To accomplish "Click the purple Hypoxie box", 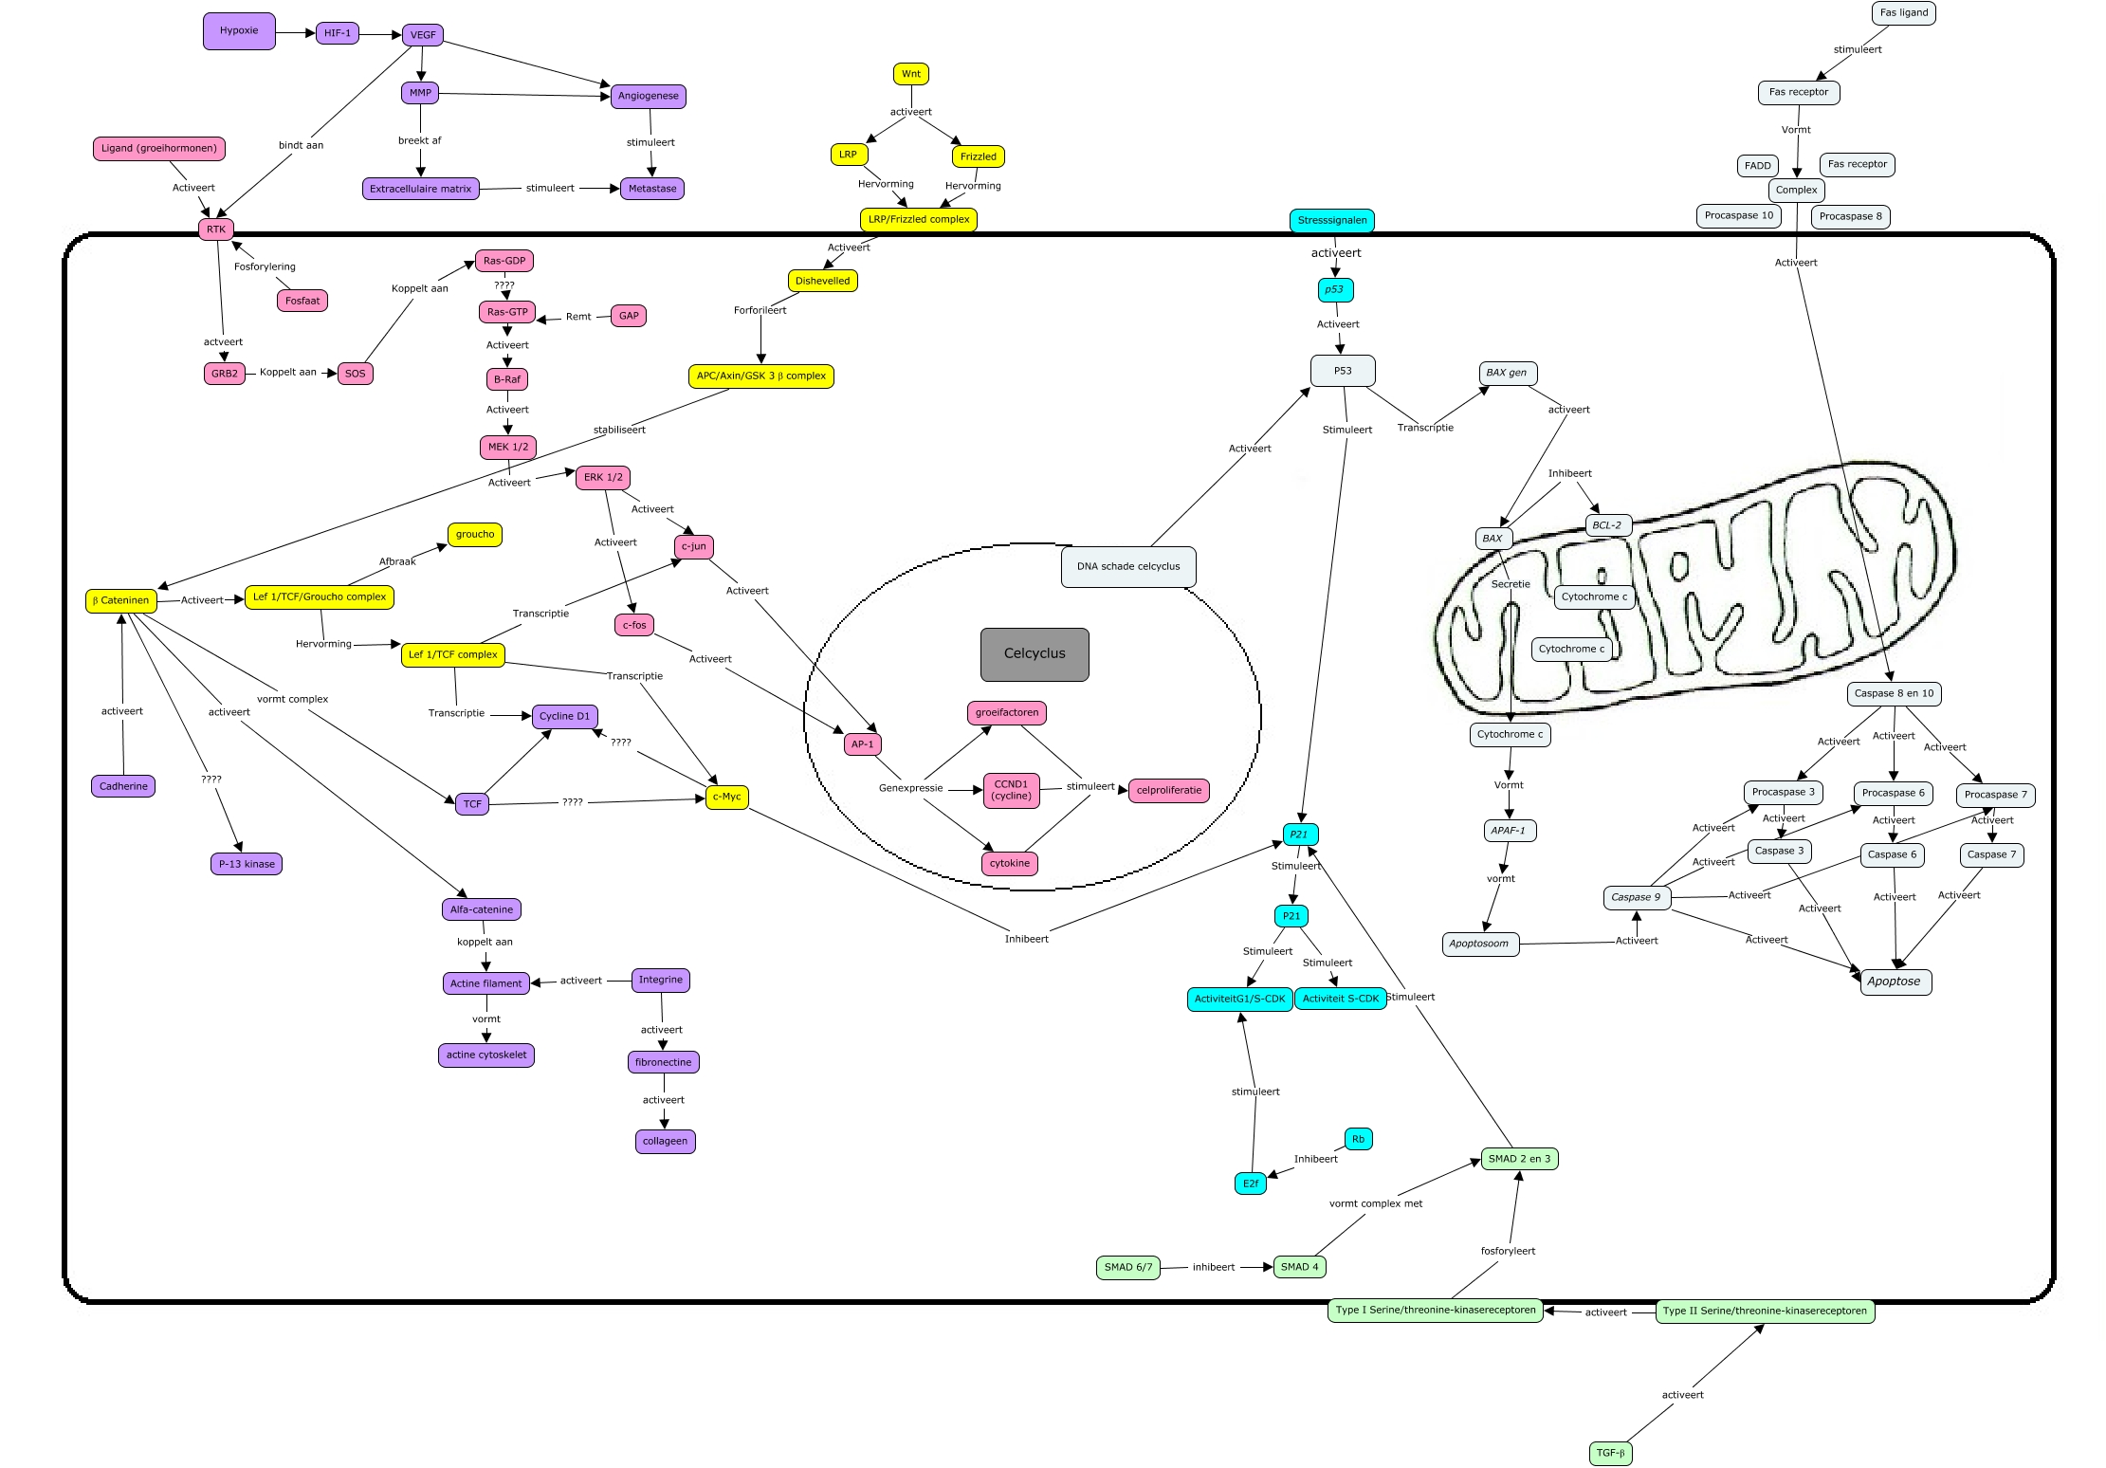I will pyautogui.click(x=239, y=31).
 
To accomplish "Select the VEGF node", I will pyautogui.click(x=423, y=35).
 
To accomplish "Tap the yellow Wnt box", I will pyautogui.click(x=910, y=74).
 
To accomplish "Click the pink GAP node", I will pyautogui.click(x=629, y=316).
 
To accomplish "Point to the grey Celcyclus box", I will pyautogui.click(x=1035, y=654).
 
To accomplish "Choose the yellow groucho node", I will pyautogui.click(x=475, y=535).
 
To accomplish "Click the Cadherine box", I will pyautogui.click(x=123, y=786).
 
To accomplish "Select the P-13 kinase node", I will pyautogui.click(x=247, y=864).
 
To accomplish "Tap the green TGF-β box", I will pyautogui.click(x=1610, y=1453).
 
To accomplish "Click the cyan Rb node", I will pyautogui.click(x=1358, y=1139).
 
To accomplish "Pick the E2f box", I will pyautogui.click(x=1251, y=1184).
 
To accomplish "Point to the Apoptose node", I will pyautogui.click(x=1894, y=982).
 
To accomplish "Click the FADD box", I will pyautogui.click(x=1757, y=166).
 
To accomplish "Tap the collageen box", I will pyautogui.click(x=665, y=1141).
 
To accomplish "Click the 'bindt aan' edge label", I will pyautogui.click(x=301, y=145).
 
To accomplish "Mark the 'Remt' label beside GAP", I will pyautogui.click(x=578, y=317).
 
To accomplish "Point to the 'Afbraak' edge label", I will pyautogui.click(x=397, y=561).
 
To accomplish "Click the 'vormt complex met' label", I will pyautogui.click(x=1375, y=1203).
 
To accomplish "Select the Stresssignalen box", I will pyautogui.click(x=1332, y=221).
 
